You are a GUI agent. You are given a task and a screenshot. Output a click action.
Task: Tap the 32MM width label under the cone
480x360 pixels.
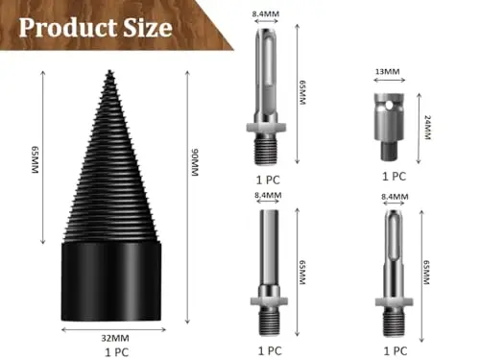115,338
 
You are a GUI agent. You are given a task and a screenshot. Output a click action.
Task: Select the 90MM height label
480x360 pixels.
195,162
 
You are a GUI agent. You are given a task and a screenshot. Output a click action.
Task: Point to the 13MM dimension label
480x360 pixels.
387,71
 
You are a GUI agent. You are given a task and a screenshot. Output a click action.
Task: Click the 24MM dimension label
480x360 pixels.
427,127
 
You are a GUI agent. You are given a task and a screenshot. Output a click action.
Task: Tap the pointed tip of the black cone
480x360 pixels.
110,71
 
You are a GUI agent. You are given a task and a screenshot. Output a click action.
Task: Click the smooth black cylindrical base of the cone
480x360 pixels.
111,281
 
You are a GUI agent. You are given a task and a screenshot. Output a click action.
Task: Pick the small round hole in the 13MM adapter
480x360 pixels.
389,105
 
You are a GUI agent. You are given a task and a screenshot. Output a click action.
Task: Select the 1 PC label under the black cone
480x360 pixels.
117,352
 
